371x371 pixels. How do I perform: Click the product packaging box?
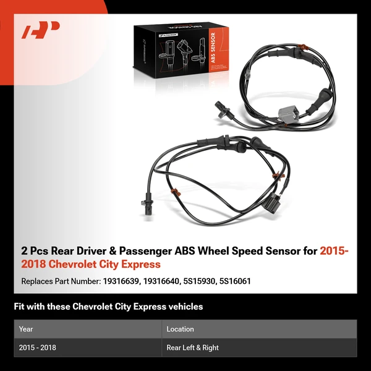[179, 53]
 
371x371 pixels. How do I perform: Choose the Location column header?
[180, 329]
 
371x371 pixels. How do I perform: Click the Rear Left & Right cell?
[192, 348]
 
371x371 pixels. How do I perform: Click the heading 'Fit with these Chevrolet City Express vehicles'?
[108, 307]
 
